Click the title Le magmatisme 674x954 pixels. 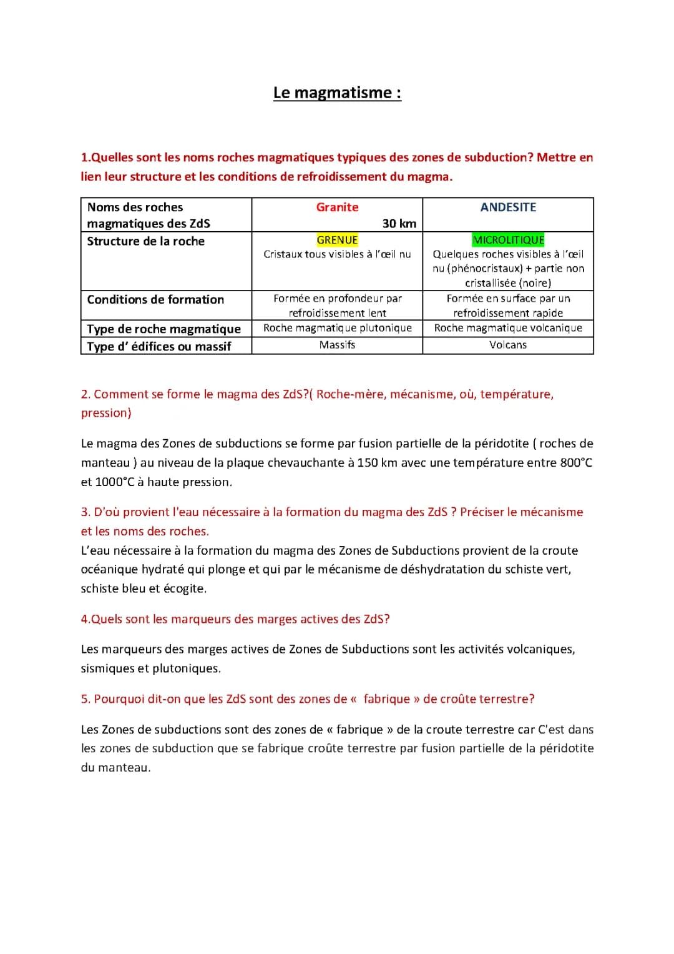pyautogui.click(x=337, y=93)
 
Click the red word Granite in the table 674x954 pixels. pyautogui.click(x=337, y=207)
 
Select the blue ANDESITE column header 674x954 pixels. pyautogui.click(x=508, y=207)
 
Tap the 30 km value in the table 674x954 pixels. pyautogui.click(x=399, y=224)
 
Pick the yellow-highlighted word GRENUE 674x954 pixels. pyautogui.click(x=337, y=240)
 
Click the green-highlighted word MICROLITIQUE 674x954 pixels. pyautogui.click(x=508, y=240)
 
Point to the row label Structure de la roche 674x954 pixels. pyautogui.click(x=145, y=241)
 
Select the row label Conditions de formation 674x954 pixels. pyautogui.click(x=155, y=300)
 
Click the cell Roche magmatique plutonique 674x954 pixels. pyautogui.click(x=337, y=328)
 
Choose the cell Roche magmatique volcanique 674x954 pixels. pyautogui.click(x=508, y=328)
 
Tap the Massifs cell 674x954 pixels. pyautogui.click(x=337, y=345)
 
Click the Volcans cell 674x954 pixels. pyautogui.click(x=508, y=345)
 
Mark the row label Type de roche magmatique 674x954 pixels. pyautogui.click(x=164, y=329)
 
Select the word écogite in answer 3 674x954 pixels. pyautogui.click(x=184, y=589)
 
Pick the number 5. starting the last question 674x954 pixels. pyautogui.click(x=85, y=699)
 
